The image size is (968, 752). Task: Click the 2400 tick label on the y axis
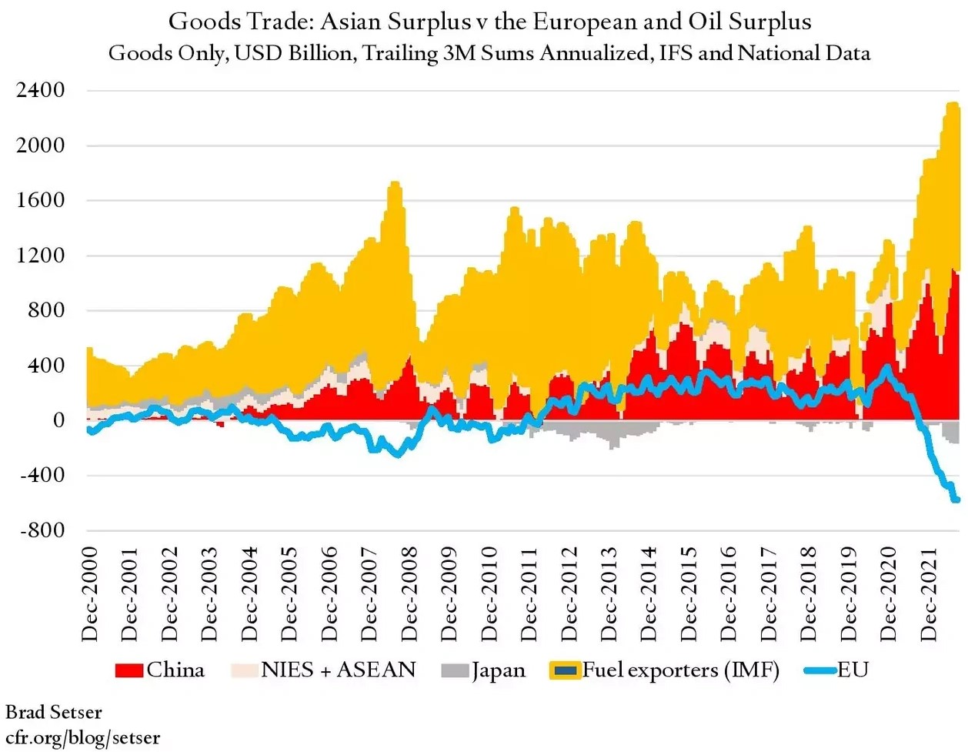coord(40,90)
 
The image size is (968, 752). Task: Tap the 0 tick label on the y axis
coord(58,420)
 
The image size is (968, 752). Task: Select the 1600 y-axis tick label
coord(40,200)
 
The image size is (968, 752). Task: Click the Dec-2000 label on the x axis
coord(90,593)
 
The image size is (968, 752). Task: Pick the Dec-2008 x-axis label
coord(409,593)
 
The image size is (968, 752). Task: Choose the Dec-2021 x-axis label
coord(929,593)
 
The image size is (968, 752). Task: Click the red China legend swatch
coord(129,670)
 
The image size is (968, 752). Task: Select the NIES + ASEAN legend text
coord(338,670)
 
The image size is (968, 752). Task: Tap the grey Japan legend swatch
coord(455,670)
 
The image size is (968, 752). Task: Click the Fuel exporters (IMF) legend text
coord(680,670)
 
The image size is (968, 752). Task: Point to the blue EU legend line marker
coord(819,670)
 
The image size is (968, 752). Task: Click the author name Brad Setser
coord(53,712)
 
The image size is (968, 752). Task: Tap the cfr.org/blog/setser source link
coord(82,737)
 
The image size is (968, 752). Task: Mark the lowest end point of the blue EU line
coord(956,500)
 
